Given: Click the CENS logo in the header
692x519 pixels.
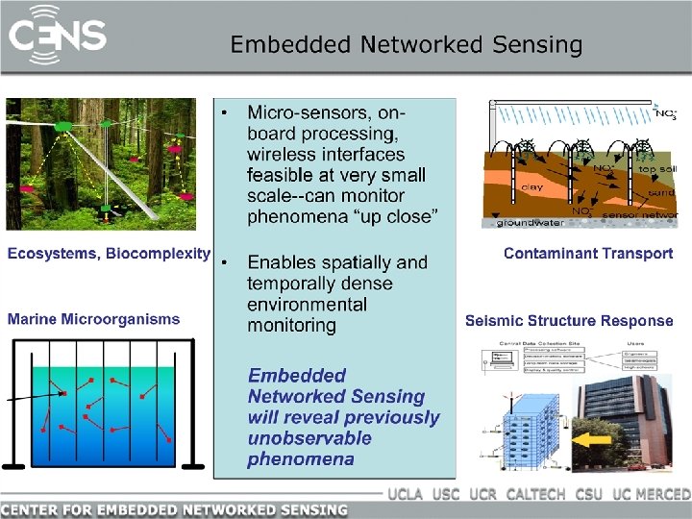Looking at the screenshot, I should click(x=58, y=37).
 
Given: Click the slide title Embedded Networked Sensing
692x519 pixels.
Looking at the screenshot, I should click(x=406, y=44).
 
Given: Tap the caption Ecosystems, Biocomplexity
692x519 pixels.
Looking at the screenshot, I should click(x=109, y=254).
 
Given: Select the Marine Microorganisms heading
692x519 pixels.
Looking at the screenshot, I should click(x=94, y=319).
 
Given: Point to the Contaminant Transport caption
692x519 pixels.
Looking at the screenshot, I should click(x=588, y=254).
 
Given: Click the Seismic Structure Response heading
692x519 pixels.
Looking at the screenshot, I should click(x=569, y=321).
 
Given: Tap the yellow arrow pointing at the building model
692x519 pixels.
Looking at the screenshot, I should click(x=591, y=440).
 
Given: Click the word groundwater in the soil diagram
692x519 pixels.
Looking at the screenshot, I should click(x=530, y=223).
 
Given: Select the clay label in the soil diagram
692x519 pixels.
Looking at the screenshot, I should click(x=531, y=186).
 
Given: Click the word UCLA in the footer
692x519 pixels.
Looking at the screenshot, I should click(x=407, y=495).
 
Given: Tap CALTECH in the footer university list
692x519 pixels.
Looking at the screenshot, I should click(x=535, y=495).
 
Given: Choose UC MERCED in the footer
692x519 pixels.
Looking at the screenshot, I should click(x=651, y=495).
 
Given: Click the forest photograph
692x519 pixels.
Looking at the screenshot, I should click(x=108, y=164).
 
